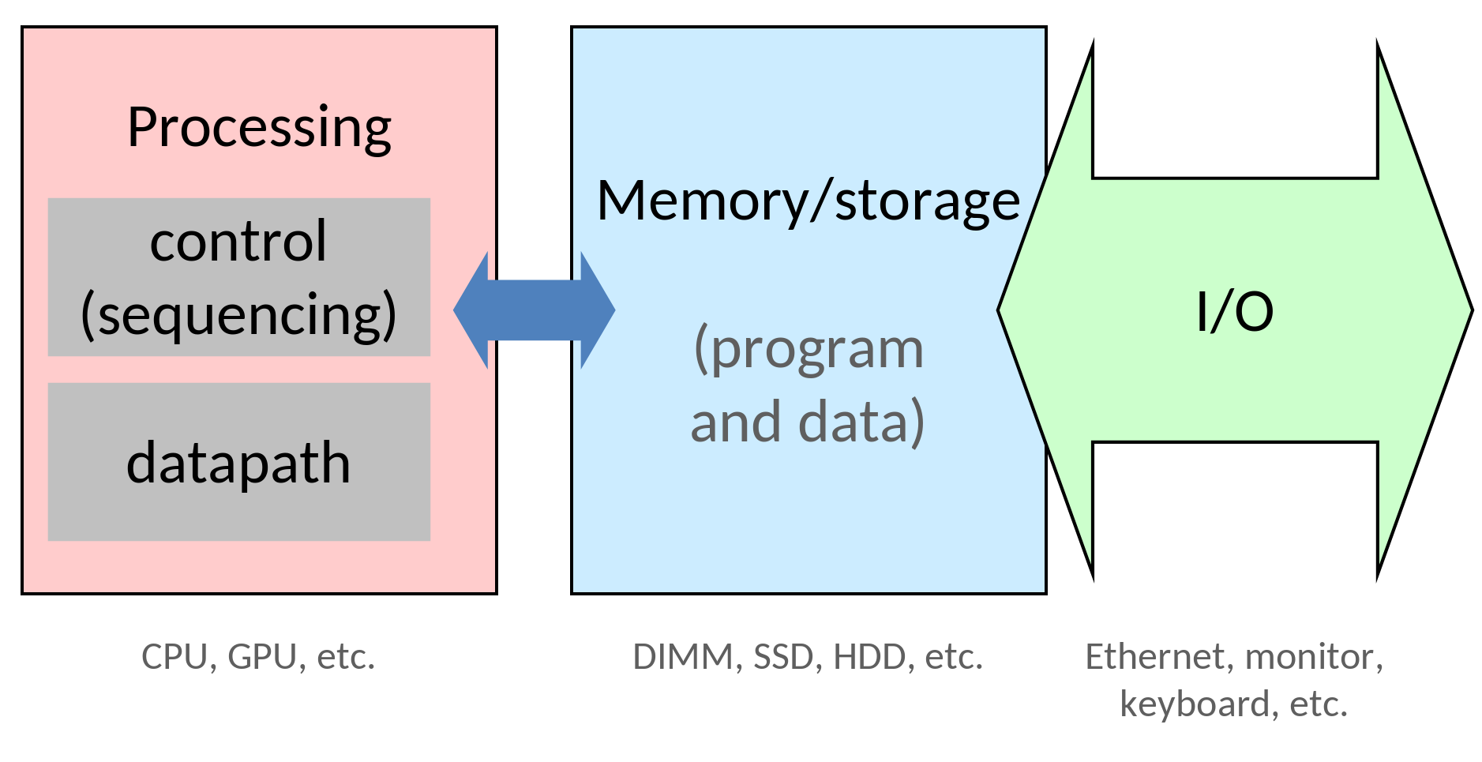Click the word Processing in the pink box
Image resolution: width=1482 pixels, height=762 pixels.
coord(259,127)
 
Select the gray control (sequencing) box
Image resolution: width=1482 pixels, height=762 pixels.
coord(238,276)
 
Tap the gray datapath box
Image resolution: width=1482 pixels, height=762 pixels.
coord(238,462)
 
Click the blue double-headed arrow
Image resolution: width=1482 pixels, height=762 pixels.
coord(534,310)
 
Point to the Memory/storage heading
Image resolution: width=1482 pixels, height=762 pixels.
coord(809,201)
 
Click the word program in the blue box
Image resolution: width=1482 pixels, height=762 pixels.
coord(809,348)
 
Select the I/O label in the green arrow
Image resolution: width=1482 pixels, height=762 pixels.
coord(1235,311)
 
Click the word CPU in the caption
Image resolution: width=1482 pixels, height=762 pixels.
coord(174,656)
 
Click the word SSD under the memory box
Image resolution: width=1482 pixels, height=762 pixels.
coord(782,656)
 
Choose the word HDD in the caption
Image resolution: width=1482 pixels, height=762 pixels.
coord(869,656)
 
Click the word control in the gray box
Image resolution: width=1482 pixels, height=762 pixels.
coord(238,242)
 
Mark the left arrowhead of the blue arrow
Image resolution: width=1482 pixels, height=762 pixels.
coord(472,310)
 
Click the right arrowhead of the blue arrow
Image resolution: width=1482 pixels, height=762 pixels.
coord(597,310)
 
